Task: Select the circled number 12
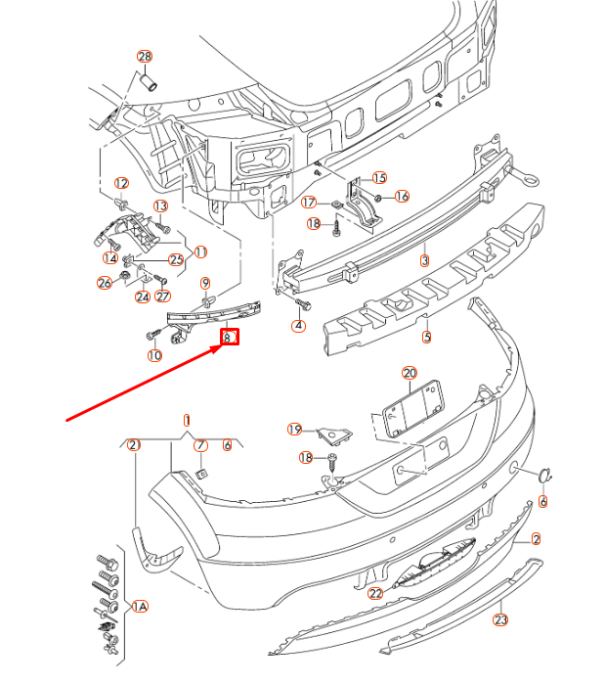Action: [x=121, y=183]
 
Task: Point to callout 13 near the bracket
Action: [x=160, y=205]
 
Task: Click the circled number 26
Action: [x=105, y=283]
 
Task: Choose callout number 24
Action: [x=142, y=297]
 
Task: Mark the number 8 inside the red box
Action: [x=228, y=338]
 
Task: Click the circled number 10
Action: [x=154, y=355]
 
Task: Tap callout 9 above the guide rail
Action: [x=205, y=284]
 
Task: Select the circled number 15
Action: [x=379, y=178]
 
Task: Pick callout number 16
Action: [x=402, y=196]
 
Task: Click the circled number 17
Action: [x=309, y=203]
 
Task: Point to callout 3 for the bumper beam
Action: [x=424, y=261]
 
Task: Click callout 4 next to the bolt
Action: [x=299, y=325]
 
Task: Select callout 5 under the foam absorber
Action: [x=426, y=338]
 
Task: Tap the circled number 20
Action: [x=409, y=373]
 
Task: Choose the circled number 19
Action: [x=294, y=430]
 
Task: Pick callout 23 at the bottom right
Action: [x=501, y=618]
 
